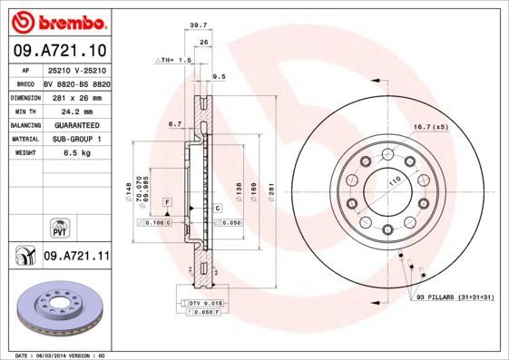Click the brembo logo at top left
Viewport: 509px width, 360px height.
[57, 19]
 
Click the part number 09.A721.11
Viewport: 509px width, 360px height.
[75, 257]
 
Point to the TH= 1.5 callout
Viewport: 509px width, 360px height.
[173, 60]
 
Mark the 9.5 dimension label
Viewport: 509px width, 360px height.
[218, 78]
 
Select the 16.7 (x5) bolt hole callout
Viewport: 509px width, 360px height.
[430, 126]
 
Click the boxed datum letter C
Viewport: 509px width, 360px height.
[219, 209]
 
